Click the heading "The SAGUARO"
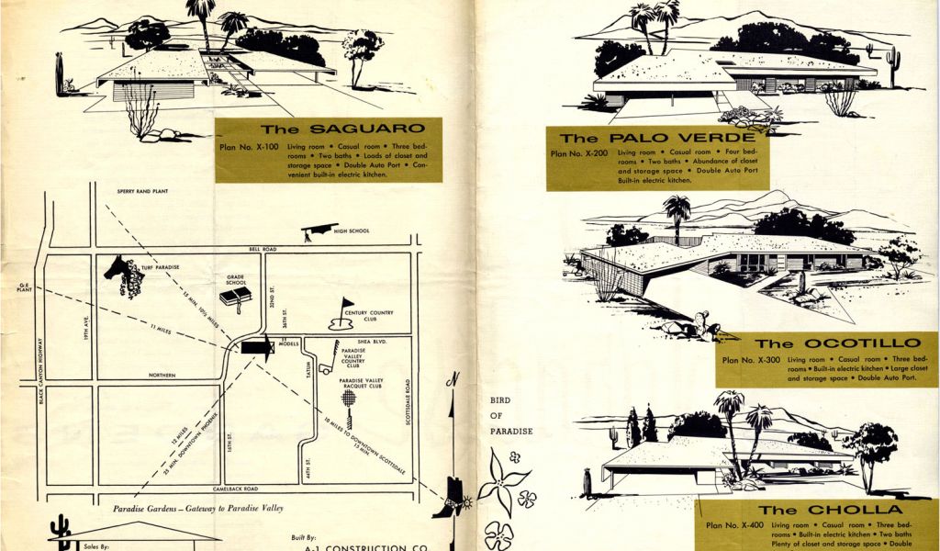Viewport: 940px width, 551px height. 329,129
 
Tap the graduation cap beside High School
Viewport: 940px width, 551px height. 318,231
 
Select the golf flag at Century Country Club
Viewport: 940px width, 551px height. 346,306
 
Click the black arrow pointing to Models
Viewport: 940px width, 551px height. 257,346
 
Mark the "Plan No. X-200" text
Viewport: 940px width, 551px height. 579,153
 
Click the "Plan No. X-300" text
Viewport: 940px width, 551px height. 751,360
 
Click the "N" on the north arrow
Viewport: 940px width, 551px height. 452,379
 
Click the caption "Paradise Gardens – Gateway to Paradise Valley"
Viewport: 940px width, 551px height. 198,508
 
